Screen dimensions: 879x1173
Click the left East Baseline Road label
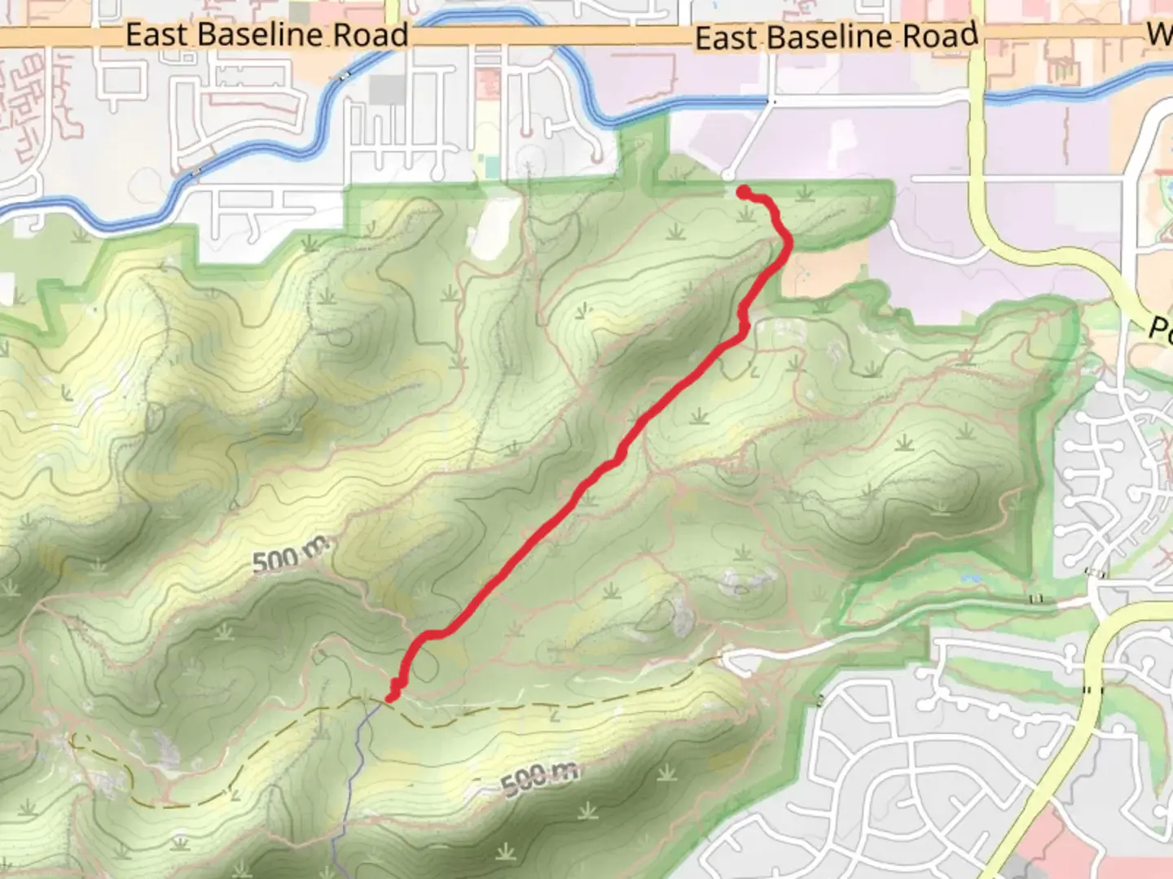(x=266, y=35)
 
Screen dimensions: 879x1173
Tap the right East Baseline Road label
(x=836, y=37)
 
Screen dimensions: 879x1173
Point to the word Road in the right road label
(x=945, y=36)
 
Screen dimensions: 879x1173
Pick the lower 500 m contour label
(x=538, y=779)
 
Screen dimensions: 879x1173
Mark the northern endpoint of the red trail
(x=744, y=191)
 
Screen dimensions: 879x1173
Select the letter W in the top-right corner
(x=1159, y=34)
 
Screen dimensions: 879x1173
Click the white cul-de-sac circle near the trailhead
(x=727, y=175)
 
